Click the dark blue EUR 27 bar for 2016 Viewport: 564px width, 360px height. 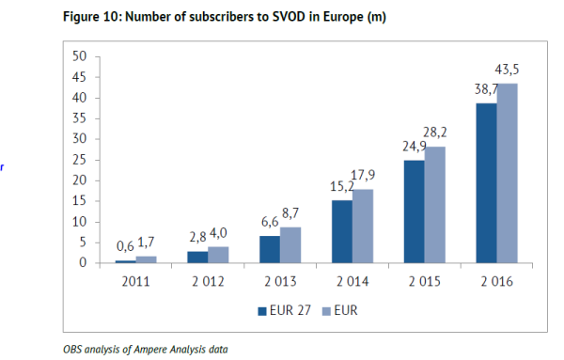pos(486,183)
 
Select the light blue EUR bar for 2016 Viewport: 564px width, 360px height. pos(508,173)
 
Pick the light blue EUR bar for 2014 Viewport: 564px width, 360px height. pos(361,226)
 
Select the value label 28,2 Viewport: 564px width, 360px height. pos(434,133)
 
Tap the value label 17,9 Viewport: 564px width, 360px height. pos(362,175)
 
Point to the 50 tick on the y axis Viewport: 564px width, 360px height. pos(80,56)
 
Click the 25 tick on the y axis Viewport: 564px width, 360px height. pos(80,160)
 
